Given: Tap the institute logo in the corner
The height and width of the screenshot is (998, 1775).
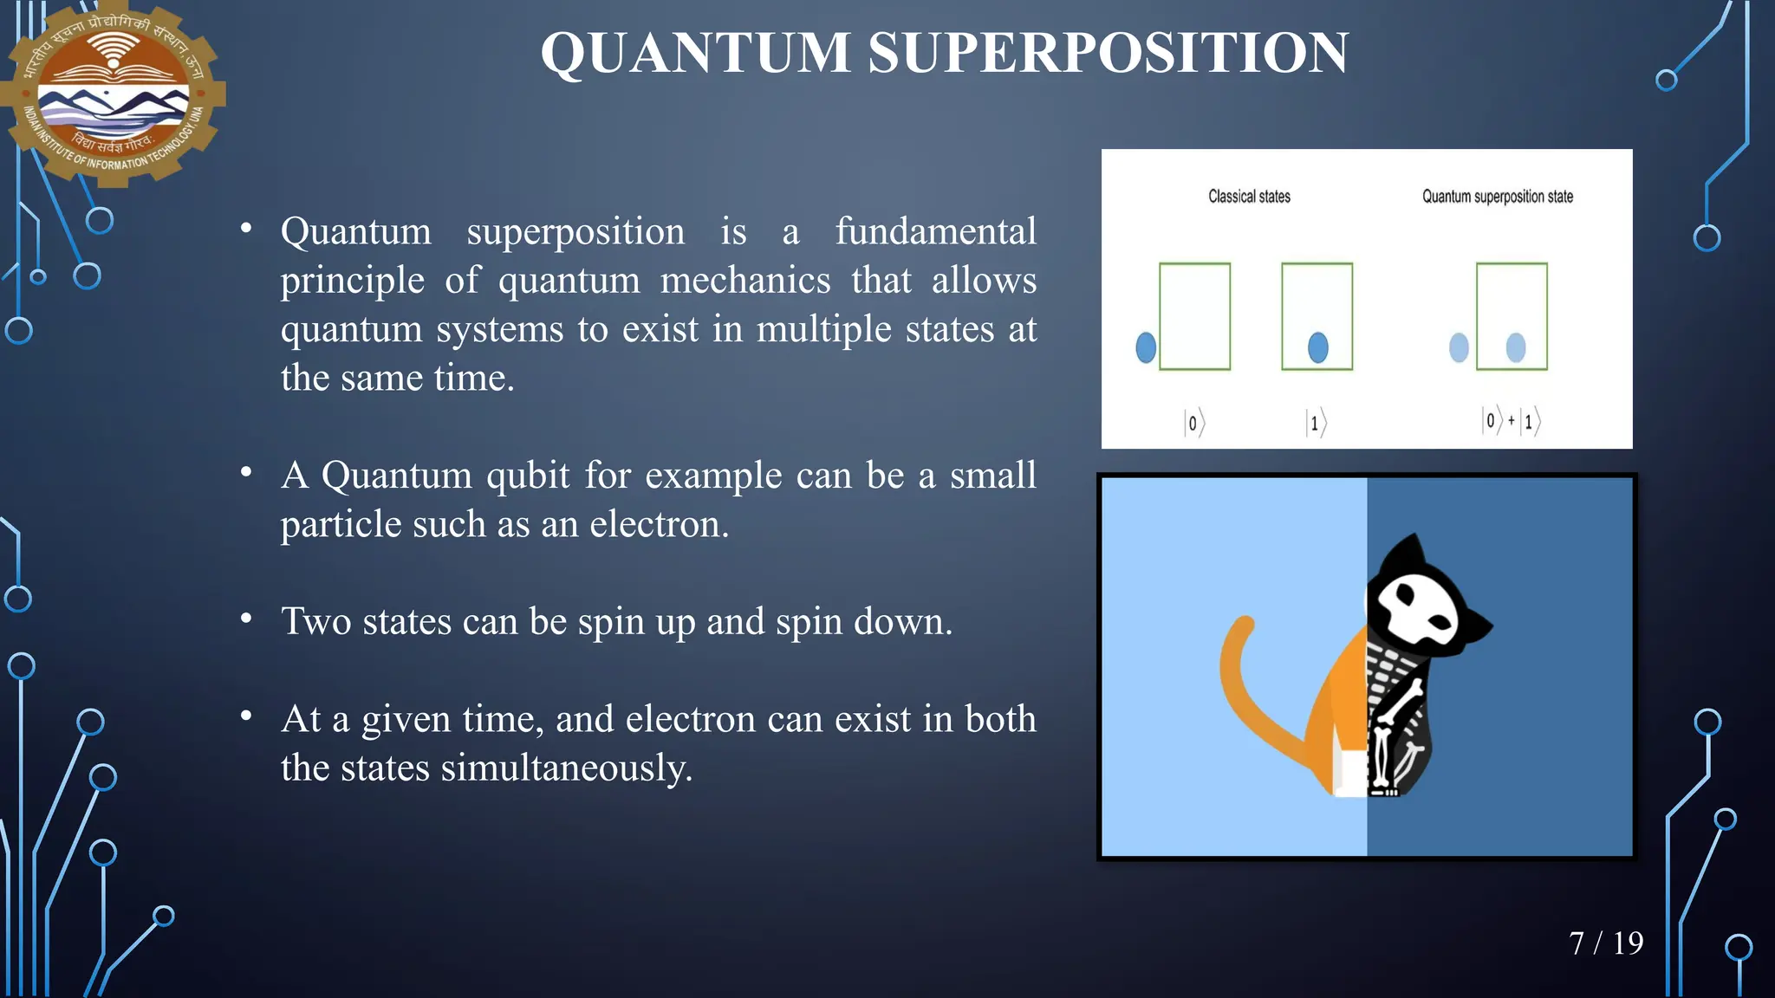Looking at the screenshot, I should point(113,93).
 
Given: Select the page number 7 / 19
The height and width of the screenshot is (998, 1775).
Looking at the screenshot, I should point(1605,943).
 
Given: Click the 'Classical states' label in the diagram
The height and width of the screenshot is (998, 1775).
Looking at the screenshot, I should point(1249,197).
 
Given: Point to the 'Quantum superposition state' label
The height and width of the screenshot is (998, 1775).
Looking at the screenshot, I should point(1497,197).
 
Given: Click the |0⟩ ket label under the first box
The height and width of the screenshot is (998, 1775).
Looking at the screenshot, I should point(1194,423).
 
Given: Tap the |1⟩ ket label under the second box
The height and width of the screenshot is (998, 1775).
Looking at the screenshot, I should point(1316,423).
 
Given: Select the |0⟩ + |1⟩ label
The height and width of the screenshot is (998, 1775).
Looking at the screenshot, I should point(1510,421).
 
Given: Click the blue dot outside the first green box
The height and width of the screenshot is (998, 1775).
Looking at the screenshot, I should point(1146,347).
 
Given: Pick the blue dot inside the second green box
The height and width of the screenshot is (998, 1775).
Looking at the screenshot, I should point(1317,347).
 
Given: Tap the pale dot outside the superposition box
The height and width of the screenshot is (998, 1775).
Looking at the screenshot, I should point(1459,347).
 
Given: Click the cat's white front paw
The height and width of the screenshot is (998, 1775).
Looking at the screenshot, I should point(1349,773).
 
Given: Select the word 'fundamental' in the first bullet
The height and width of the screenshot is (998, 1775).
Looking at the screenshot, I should point(935,231).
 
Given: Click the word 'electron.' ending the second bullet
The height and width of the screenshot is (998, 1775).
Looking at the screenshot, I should point(659,524).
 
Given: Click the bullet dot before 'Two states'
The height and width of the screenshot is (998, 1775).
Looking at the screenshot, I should point(246,619).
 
